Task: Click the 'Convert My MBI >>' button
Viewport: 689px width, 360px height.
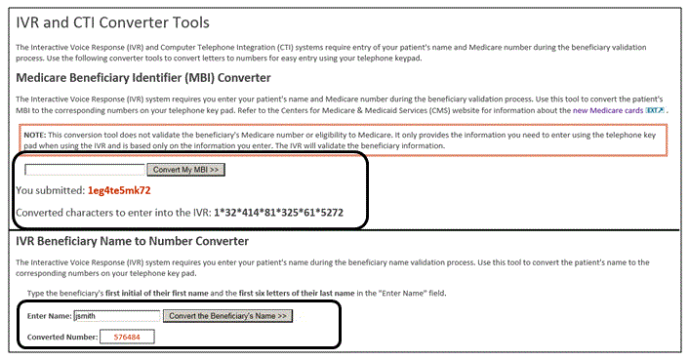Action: (x=185, y=170)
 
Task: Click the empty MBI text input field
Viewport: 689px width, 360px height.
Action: (x=85, y=170)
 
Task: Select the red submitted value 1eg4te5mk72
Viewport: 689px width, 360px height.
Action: (x=119, y=190)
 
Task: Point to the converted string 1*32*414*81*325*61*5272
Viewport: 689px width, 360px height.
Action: (x=278, y=213)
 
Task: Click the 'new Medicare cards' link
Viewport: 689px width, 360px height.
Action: (x=608, y=110)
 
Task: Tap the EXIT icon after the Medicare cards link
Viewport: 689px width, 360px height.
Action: (x=655, y=110)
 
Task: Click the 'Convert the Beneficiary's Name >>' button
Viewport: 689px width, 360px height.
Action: (x=227, y=316)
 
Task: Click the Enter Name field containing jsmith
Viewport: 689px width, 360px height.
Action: (x=117, y=316)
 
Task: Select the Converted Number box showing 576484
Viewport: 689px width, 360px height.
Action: (x=127, y=337)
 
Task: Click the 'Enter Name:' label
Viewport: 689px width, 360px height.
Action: (x=49, y=316)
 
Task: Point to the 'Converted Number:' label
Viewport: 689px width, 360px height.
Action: (x=62, y=338)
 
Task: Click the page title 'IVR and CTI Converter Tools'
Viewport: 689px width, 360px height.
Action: (x=113, y=22)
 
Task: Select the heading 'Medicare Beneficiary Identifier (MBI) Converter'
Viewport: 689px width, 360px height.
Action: (x=143, y=78)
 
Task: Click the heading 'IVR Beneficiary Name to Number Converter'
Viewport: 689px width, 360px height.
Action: (x=133, y=241)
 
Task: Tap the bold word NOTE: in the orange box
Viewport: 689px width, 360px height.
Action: (x=35, y=135)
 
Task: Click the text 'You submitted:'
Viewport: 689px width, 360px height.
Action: (x=50, y=190)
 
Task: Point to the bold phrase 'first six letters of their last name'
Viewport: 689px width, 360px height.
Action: (x=297, y=294)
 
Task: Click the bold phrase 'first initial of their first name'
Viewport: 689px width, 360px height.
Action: (x=157, y=294)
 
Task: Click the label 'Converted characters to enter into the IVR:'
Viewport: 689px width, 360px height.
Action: (x=113, y=213)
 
